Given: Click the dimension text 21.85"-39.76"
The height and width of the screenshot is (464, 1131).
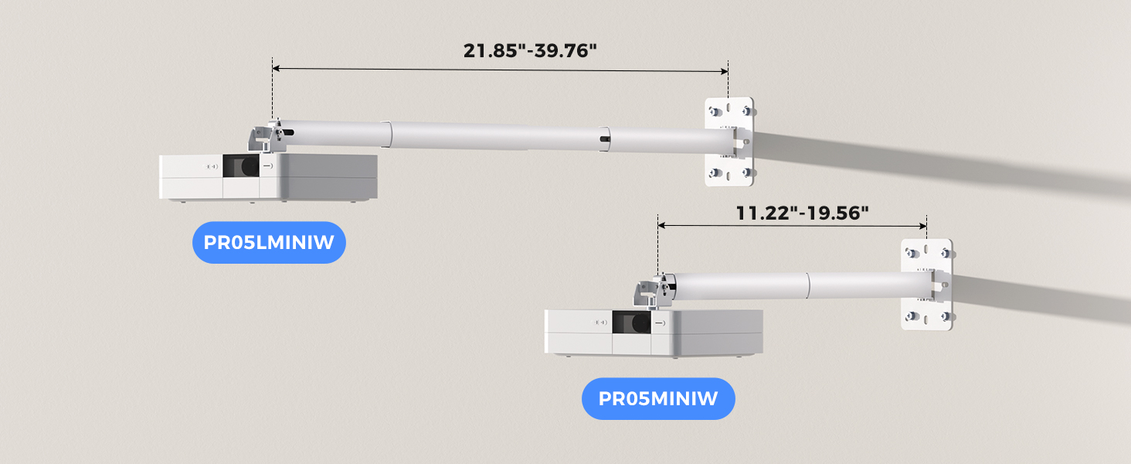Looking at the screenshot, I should [x=530, y=51].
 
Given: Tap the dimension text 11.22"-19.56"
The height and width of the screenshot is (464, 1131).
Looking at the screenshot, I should [x=797, y=213].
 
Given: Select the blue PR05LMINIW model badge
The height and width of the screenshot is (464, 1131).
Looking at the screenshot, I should [x=268, y=243].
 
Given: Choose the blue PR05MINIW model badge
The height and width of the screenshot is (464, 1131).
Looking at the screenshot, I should [x=658, y=399].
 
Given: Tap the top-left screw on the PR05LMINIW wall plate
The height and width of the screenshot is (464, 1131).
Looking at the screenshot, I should [x=713, y=108].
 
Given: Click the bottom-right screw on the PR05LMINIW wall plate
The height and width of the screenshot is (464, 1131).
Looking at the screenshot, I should [x=746, y=173].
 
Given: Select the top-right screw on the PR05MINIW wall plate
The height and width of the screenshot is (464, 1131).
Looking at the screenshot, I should [x=944, y=252].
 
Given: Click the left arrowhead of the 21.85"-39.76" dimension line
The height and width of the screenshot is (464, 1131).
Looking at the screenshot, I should [x=276, y=70].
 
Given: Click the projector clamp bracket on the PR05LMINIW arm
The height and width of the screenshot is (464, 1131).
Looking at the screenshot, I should [x=263, y=138].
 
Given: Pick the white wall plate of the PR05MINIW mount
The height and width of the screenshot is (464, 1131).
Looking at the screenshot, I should [x=927, y=285].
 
